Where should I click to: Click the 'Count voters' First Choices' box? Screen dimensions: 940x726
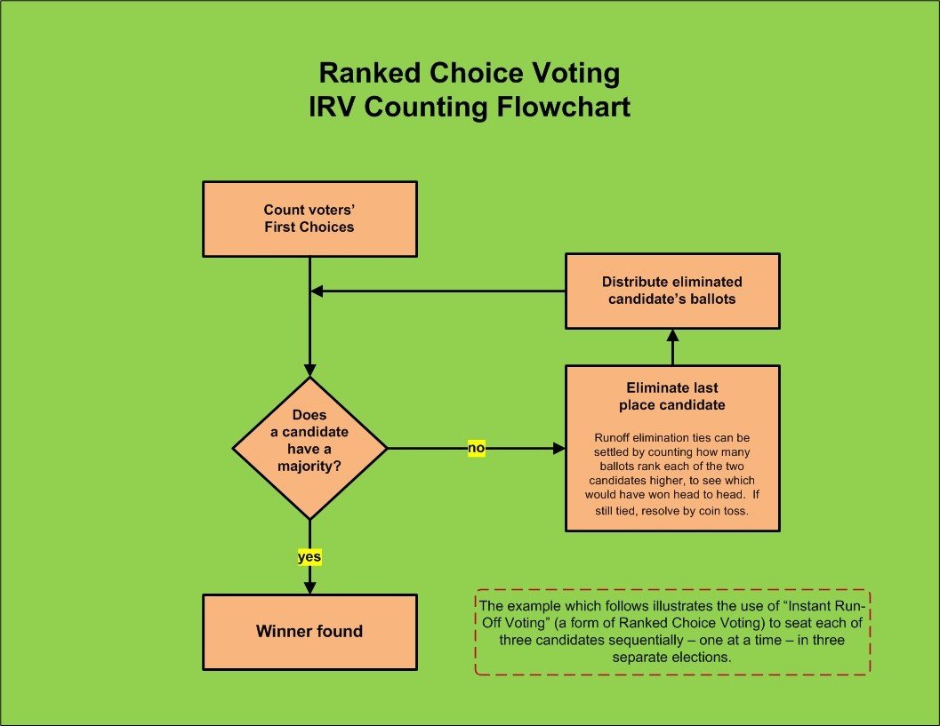(310, 219)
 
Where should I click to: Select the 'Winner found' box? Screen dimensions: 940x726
(310, 632)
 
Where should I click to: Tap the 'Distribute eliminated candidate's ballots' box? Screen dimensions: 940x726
(672, 291)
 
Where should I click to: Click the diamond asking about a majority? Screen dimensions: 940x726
(310, 448)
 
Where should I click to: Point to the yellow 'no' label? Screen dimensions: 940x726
(477, 448)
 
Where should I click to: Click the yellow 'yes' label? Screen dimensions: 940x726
(309, 557)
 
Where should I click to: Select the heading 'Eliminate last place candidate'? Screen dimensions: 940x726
(672, 396)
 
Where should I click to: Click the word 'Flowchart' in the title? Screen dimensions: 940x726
(564, 108)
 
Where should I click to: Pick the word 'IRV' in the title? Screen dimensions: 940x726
(333, 108)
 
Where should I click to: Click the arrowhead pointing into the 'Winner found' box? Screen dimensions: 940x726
(310, 587)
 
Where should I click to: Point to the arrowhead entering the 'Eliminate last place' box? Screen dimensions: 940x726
(558, 448)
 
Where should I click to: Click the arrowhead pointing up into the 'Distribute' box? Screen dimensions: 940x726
(672, 335)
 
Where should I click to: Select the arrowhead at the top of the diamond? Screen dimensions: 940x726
(310, 370)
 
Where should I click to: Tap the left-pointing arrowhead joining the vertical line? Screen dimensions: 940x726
(317, 291)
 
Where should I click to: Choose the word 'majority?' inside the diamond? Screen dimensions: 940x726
(309, 466)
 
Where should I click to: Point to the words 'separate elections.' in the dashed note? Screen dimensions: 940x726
(672, 657)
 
